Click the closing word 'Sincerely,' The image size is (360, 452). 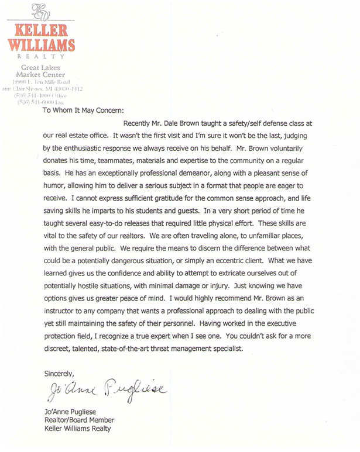coord(60,374)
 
